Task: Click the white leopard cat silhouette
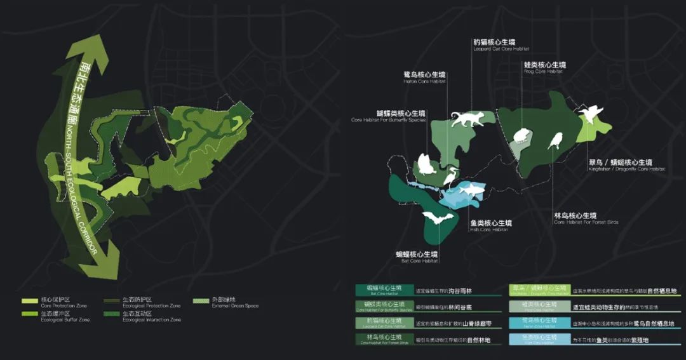(467, 119)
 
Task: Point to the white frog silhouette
(523, 136)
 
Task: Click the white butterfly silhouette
(424, 164)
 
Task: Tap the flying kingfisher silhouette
(591, 115)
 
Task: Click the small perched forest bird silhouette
(556, 140)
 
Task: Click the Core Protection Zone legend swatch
(30, 300)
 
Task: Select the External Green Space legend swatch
(201, 300)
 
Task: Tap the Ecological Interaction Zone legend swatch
(111, 314)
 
